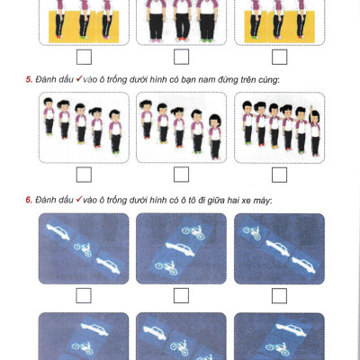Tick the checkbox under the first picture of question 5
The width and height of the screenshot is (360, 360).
[x=84, y=175]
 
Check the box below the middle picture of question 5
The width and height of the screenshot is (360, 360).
[x=181, y=175]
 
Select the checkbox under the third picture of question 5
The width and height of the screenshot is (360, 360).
[x=279, y=175]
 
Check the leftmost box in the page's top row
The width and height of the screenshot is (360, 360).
[x=84, y=57]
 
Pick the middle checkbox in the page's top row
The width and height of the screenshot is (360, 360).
[x=181, y=57]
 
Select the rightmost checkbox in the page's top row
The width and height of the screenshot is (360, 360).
[x=279, y=57]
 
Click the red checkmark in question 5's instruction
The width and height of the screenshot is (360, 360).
[x=81, y=80]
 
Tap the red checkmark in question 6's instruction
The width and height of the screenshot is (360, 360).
[x=81, y=198]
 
